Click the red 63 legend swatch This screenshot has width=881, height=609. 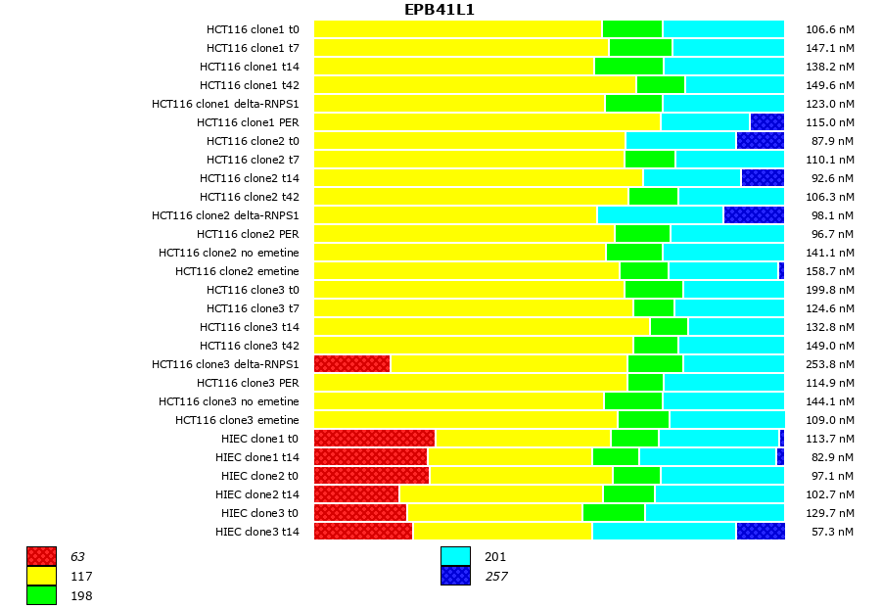pos(41,557)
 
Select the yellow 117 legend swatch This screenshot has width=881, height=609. pos(41,576)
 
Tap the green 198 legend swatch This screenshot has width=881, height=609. pos(41,595)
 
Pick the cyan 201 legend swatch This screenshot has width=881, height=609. pos(455,557)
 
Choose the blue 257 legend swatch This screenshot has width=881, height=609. pos(455,576)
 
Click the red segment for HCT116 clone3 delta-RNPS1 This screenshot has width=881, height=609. pos(351,364)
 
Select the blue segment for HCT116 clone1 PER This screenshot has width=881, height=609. pos(766,122)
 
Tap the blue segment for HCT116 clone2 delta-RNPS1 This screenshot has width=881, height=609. pos(754,215)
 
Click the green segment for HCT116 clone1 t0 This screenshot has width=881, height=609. pos(631,29)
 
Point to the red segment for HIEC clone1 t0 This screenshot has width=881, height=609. pos(374,439)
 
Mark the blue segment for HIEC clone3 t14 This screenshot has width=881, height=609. pos(761,532)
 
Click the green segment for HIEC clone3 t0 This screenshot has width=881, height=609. pos(613,513)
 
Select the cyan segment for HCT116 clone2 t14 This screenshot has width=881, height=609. pos(692,178)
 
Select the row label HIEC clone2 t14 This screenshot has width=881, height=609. pos(257,494)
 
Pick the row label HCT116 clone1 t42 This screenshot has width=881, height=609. pos(250,85)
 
